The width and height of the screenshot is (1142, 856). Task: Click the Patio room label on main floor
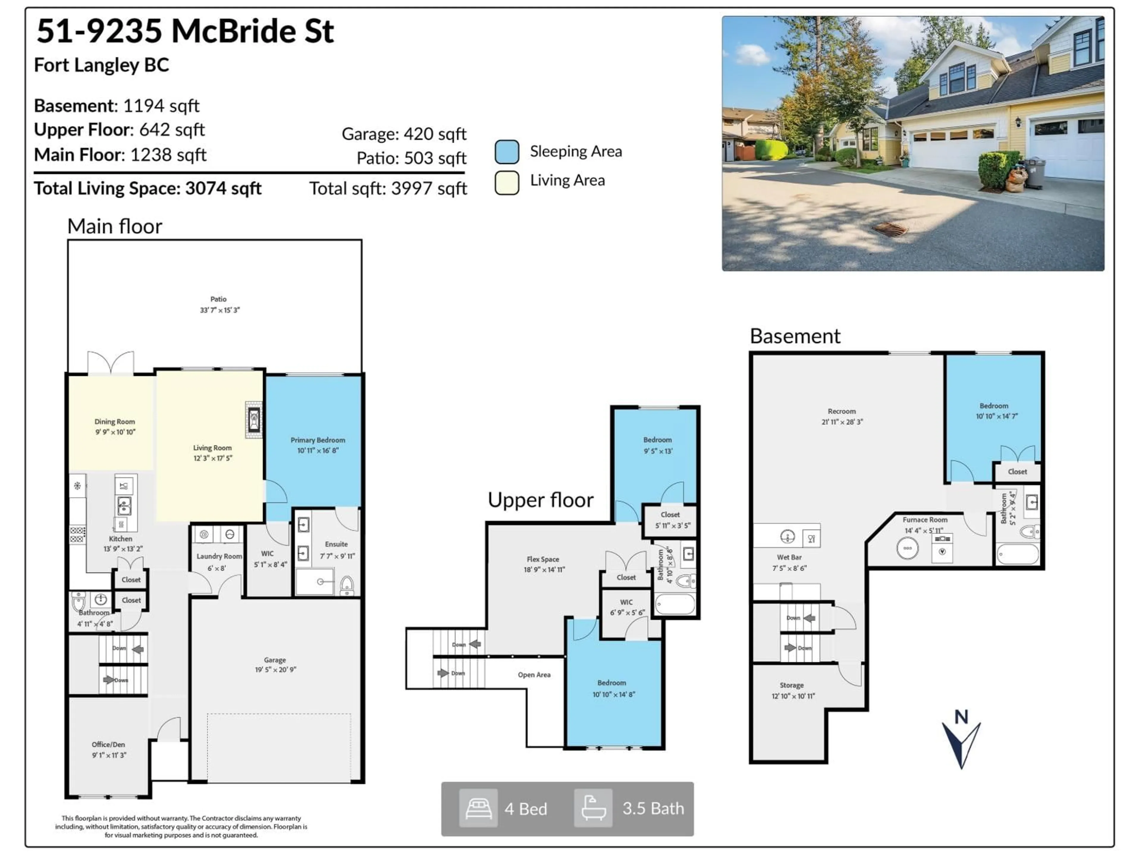[x=218, y=299]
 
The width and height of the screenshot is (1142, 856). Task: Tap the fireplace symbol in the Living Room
[x=253, y=419]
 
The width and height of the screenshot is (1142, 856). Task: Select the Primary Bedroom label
[x=318, y=440]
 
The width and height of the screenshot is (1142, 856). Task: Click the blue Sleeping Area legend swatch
[x=506, y=152]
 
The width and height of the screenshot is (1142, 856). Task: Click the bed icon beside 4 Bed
[x=478, y=808]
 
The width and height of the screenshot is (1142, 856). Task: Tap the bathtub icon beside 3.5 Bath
[x=593, y=808]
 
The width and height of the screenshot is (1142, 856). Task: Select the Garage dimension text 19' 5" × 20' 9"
[x=275, y=670]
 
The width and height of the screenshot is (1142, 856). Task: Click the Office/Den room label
[x=109, y=745]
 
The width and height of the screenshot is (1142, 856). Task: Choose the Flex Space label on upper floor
[x=543, y=559]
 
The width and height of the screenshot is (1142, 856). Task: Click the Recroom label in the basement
[x=842, y=411]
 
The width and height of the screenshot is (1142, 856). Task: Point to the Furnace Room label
[x=925, y=520]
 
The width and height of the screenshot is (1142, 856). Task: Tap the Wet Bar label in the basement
[x=789, y=557]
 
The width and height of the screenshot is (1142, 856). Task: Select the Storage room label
[x=791, y=685]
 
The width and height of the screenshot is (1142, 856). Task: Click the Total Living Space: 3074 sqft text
[x=148, y=188]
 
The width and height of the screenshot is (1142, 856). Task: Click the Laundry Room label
[x=219, y=556]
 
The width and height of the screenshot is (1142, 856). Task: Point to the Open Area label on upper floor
[x=534, y=675]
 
